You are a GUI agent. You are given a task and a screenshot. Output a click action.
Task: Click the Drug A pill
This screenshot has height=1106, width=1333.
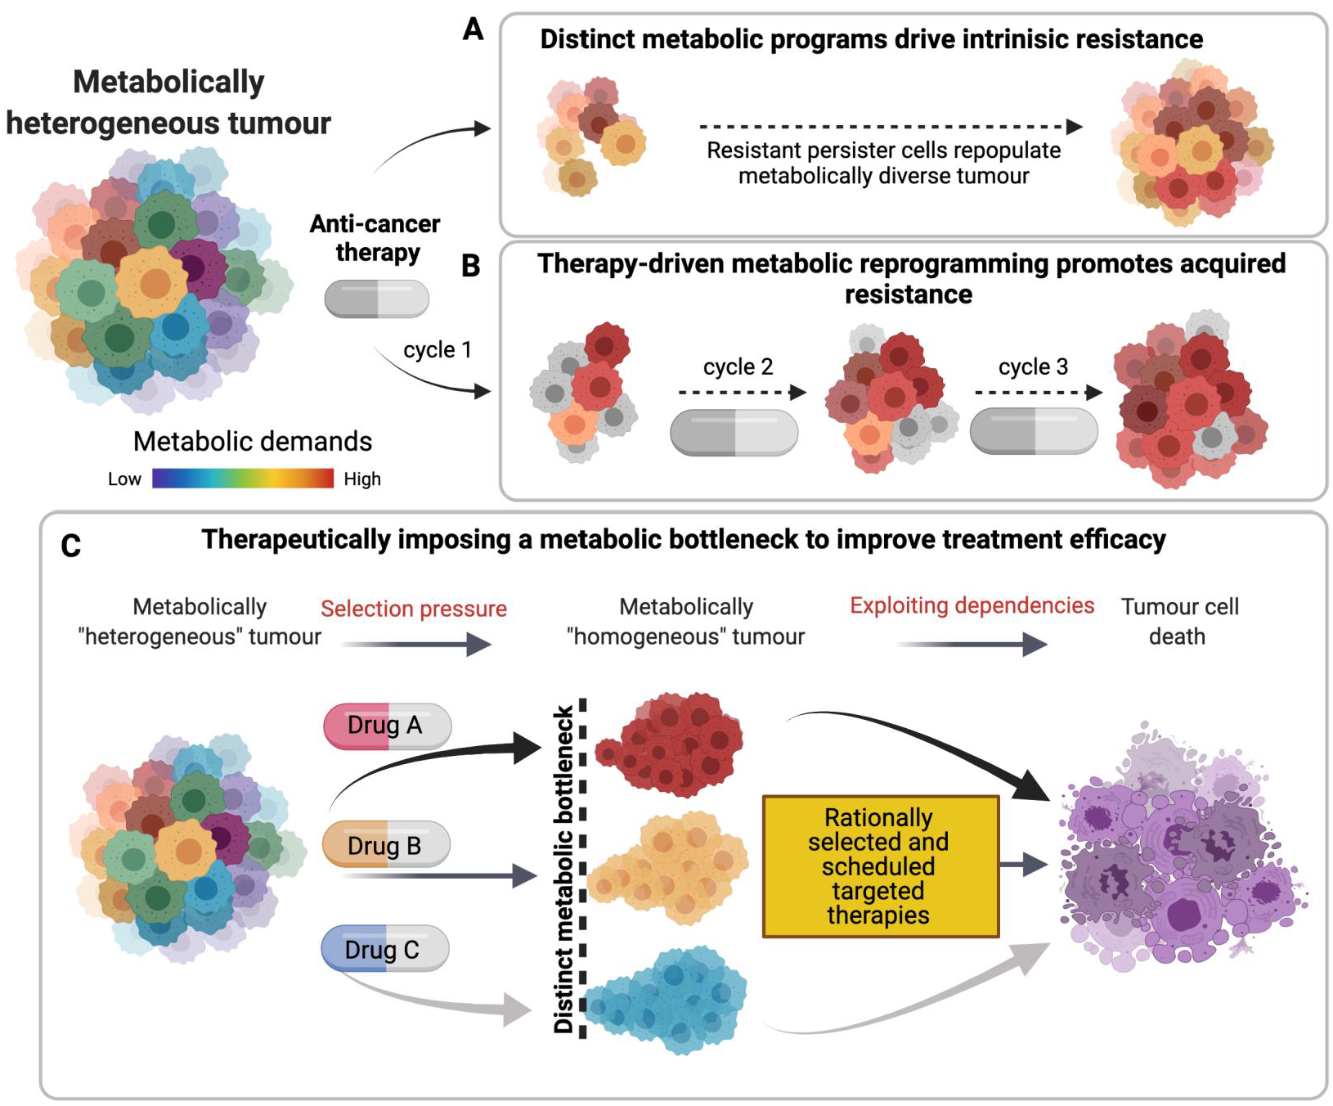tap(387, 726)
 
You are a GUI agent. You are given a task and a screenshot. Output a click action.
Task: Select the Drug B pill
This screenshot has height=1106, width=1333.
tap(386, 844)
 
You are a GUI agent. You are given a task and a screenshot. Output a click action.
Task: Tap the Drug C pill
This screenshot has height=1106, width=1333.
tap(384, 949)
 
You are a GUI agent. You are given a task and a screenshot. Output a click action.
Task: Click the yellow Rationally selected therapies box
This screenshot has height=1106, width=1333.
tap(880, 866)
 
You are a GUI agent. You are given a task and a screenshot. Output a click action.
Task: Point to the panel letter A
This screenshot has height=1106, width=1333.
tap(473, 30)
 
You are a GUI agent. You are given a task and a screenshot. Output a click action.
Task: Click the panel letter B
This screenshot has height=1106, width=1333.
tap(470, 266)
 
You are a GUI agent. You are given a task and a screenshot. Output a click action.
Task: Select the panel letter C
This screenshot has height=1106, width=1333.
tap(71, 546)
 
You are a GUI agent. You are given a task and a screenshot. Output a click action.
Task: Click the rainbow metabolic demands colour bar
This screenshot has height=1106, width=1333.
tap(243, 479)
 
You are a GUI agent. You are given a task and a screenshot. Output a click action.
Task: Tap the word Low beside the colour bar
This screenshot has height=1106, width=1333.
tap(124, 479)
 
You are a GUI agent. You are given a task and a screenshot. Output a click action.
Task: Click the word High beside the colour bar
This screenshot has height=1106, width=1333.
tap(362, 479)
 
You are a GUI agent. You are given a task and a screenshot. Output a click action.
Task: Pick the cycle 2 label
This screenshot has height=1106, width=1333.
tap(738, 366)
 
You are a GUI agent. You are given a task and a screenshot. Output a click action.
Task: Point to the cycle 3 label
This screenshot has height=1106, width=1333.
tap(1033, 366)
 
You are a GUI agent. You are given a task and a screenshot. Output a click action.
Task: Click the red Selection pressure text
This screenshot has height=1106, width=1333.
tap(413, 609)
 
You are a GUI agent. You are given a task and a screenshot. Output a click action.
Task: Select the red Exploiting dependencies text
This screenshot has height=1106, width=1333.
tap(972, 605)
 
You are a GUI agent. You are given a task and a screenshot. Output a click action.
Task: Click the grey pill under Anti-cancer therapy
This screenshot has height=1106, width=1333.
tap(376, 299)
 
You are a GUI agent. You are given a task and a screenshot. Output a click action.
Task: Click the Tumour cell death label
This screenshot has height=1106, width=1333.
tap(1178, 621)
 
